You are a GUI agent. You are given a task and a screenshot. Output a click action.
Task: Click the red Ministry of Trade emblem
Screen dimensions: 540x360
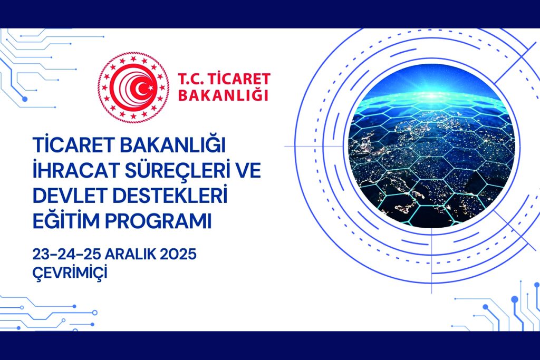pyautogui.click(x=133, y=87)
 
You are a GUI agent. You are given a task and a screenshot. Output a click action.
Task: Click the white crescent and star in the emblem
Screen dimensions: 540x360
pyautogui.click(x=143, y=88)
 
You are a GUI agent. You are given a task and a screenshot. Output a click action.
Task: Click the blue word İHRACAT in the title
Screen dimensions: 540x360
pyautogui.click(x=76, y=170)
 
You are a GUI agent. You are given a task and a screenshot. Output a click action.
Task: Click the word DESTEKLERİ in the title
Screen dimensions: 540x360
pyautogui.click(x=170, y=195)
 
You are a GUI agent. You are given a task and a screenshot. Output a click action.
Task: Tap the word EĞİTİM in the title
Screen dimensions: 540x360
pyautogui.click(x=66, y=221)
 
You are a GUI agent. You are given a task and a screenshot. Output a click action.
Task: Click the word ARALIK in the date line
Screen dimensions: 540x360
pyautogui.click(x=127, y=255)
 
